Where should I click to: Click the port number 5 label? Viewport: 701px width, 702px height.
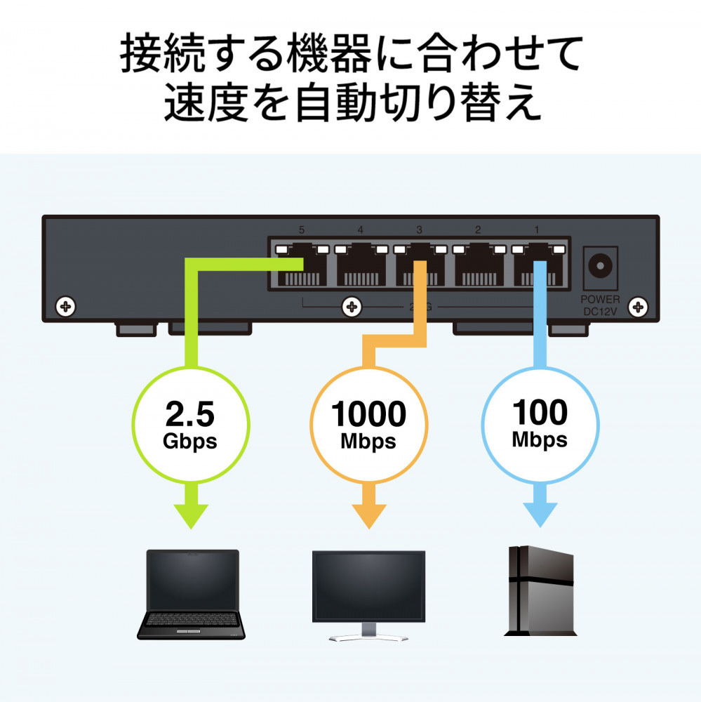pos(301,230)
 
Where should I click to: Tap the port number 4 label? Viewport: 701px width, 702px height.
pos(361,230)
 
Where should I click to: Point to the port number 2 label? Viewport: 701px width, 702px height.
pos(478,230)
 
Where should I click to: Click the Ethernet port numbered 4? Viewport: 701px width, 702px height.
pos(361,265)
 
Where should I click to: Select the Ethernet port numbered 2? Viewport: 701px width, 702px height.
pos(479,265)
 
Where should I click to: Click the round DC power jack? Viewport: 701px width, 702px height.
pos(600,265)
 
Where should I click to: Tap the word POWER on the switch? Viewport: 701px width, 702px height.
pos(600,300)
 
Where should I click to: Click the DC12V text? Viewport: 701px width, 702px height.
pos(600,311)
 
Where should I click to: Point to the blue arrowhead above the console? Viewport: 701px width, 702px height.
pos(540,515)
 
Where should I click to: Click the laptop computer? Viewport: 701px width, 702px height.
pos(191,594)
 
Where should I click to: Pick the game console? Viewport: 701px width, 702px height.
pos(540,590)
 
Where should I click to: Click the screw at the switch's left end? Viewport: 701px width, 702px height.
pos(66,307)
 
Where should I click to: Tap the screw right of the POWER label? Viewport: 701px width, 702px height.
pos(638,307)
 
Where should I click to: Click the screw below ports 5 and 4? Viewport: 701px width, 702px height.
pos(352,307)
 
